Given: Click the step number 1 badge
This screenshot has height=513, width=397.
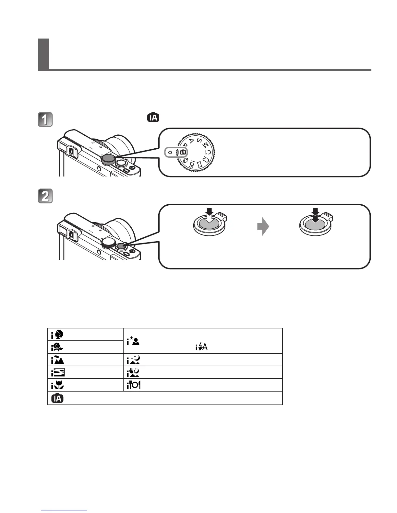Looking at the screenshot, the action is [45, 120].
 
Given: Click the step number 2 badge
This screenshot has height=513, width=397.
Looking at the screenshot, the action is [45, 196].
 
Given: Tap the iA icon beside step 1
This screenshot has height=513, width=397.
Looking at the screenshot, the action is [153, 117].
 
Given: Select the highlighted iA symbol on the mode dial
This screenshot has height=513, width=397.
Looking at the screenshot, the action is [183, 152].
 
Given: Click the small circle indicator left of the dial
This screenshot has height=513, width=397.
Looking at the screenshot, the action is [170, 152].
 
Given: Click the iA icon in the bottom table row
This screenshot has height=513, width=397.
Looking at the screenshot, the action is [57, 398].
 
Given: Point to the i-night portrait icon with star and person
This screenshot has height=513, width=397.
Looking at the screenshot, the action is [133, 341].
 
